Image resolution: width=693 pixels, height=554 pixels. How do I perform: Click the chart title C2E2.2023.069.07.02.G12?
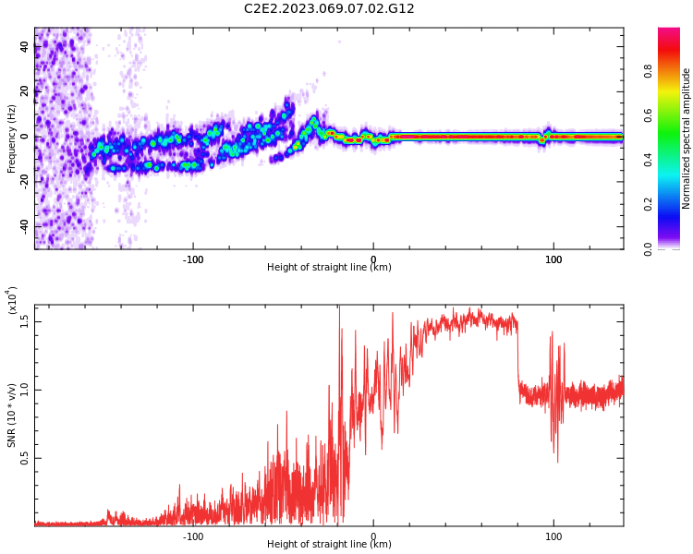click(x=329, y=9)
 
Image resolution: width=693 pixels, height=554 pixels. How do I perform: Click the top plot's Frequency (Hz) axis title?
click(x=12, y=138)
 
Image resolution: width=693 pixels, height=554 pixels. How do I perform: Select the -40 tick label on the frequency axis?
click(x=25, y=226)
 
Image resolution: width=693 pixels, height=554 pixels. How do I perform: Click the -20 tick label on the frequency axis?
click(x=25, y=181)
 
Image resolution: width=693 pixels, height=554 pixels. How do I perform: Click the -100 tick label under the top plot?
click(x=192, y=259)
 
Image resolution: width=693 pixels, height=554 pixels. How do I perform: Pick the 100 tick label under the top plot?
click(x=553, y=259)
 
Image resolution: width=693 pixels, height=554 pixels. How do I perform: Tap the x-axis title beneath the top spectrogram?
click(x=329, y=268)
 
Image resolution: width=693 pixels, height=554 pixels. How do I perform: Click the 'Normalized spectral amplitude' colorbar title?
click(x=687, y=138)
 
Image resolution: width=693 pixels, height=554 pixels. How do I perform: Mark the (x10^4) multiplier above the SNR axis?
click(x=12, y=300)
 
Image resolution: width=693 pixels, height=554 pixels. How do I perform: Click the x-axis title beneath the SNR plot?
click(x=329, y=545)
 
